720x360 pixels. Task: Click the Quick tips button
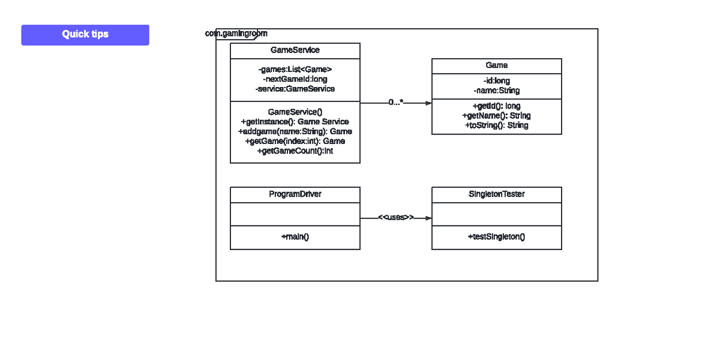pyautogui.click(x=85, y=34)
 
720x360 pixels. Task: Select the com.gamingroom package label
pyautogui.click(x=236, y=34)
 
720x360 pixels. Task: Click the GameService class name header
pyautogui.click(x=295, y=50)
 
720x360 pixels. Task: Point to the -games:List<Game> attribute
pyautogui.click(x=295, y=70)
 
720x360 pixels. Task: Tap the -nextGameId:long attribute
pyautogui.click(x=295, y=79)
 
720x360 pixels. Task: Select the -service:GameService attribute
pyautogui.click(x=295, y=89)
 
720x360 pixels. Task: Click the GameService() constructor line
pyautogui.click(x=295, y=112)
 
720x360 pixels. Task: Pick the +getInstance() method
pyautogui.click(x=295, y=122)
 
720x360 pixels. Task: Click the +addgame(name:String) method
pyautogui.click(x=295, y=131)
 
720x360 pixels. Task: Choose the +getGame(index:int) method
pyautogui.click(x=295, y=141)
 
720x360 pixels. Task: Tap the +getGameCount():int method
pyautogui.click(x=295, y=151)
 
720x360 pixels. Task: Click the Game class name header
pyautogui.click(x=496, y=65)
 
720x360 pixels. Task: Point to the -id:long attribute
pyautogui.click(x=496, y=81)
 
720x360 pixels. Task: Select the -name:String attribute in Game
pyautogui.click(x=496, y=91)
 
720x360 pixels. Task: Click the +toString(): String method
pyautogui.click(x=496, y=125)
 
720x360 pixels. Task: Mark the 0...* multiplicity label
pyautogui.click(x=395, y=103)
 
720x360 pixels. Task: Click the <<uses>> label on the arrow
pyautogui.click(x=395, y=217)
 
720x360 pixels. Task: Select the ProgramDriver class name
pyautogui.click(x=295, y=194)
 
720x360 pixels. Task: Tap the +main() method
pyautogui.click(x=295, y=237)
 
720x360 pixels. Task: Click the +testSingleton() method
pyautogui.click(x=496, y=237)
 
